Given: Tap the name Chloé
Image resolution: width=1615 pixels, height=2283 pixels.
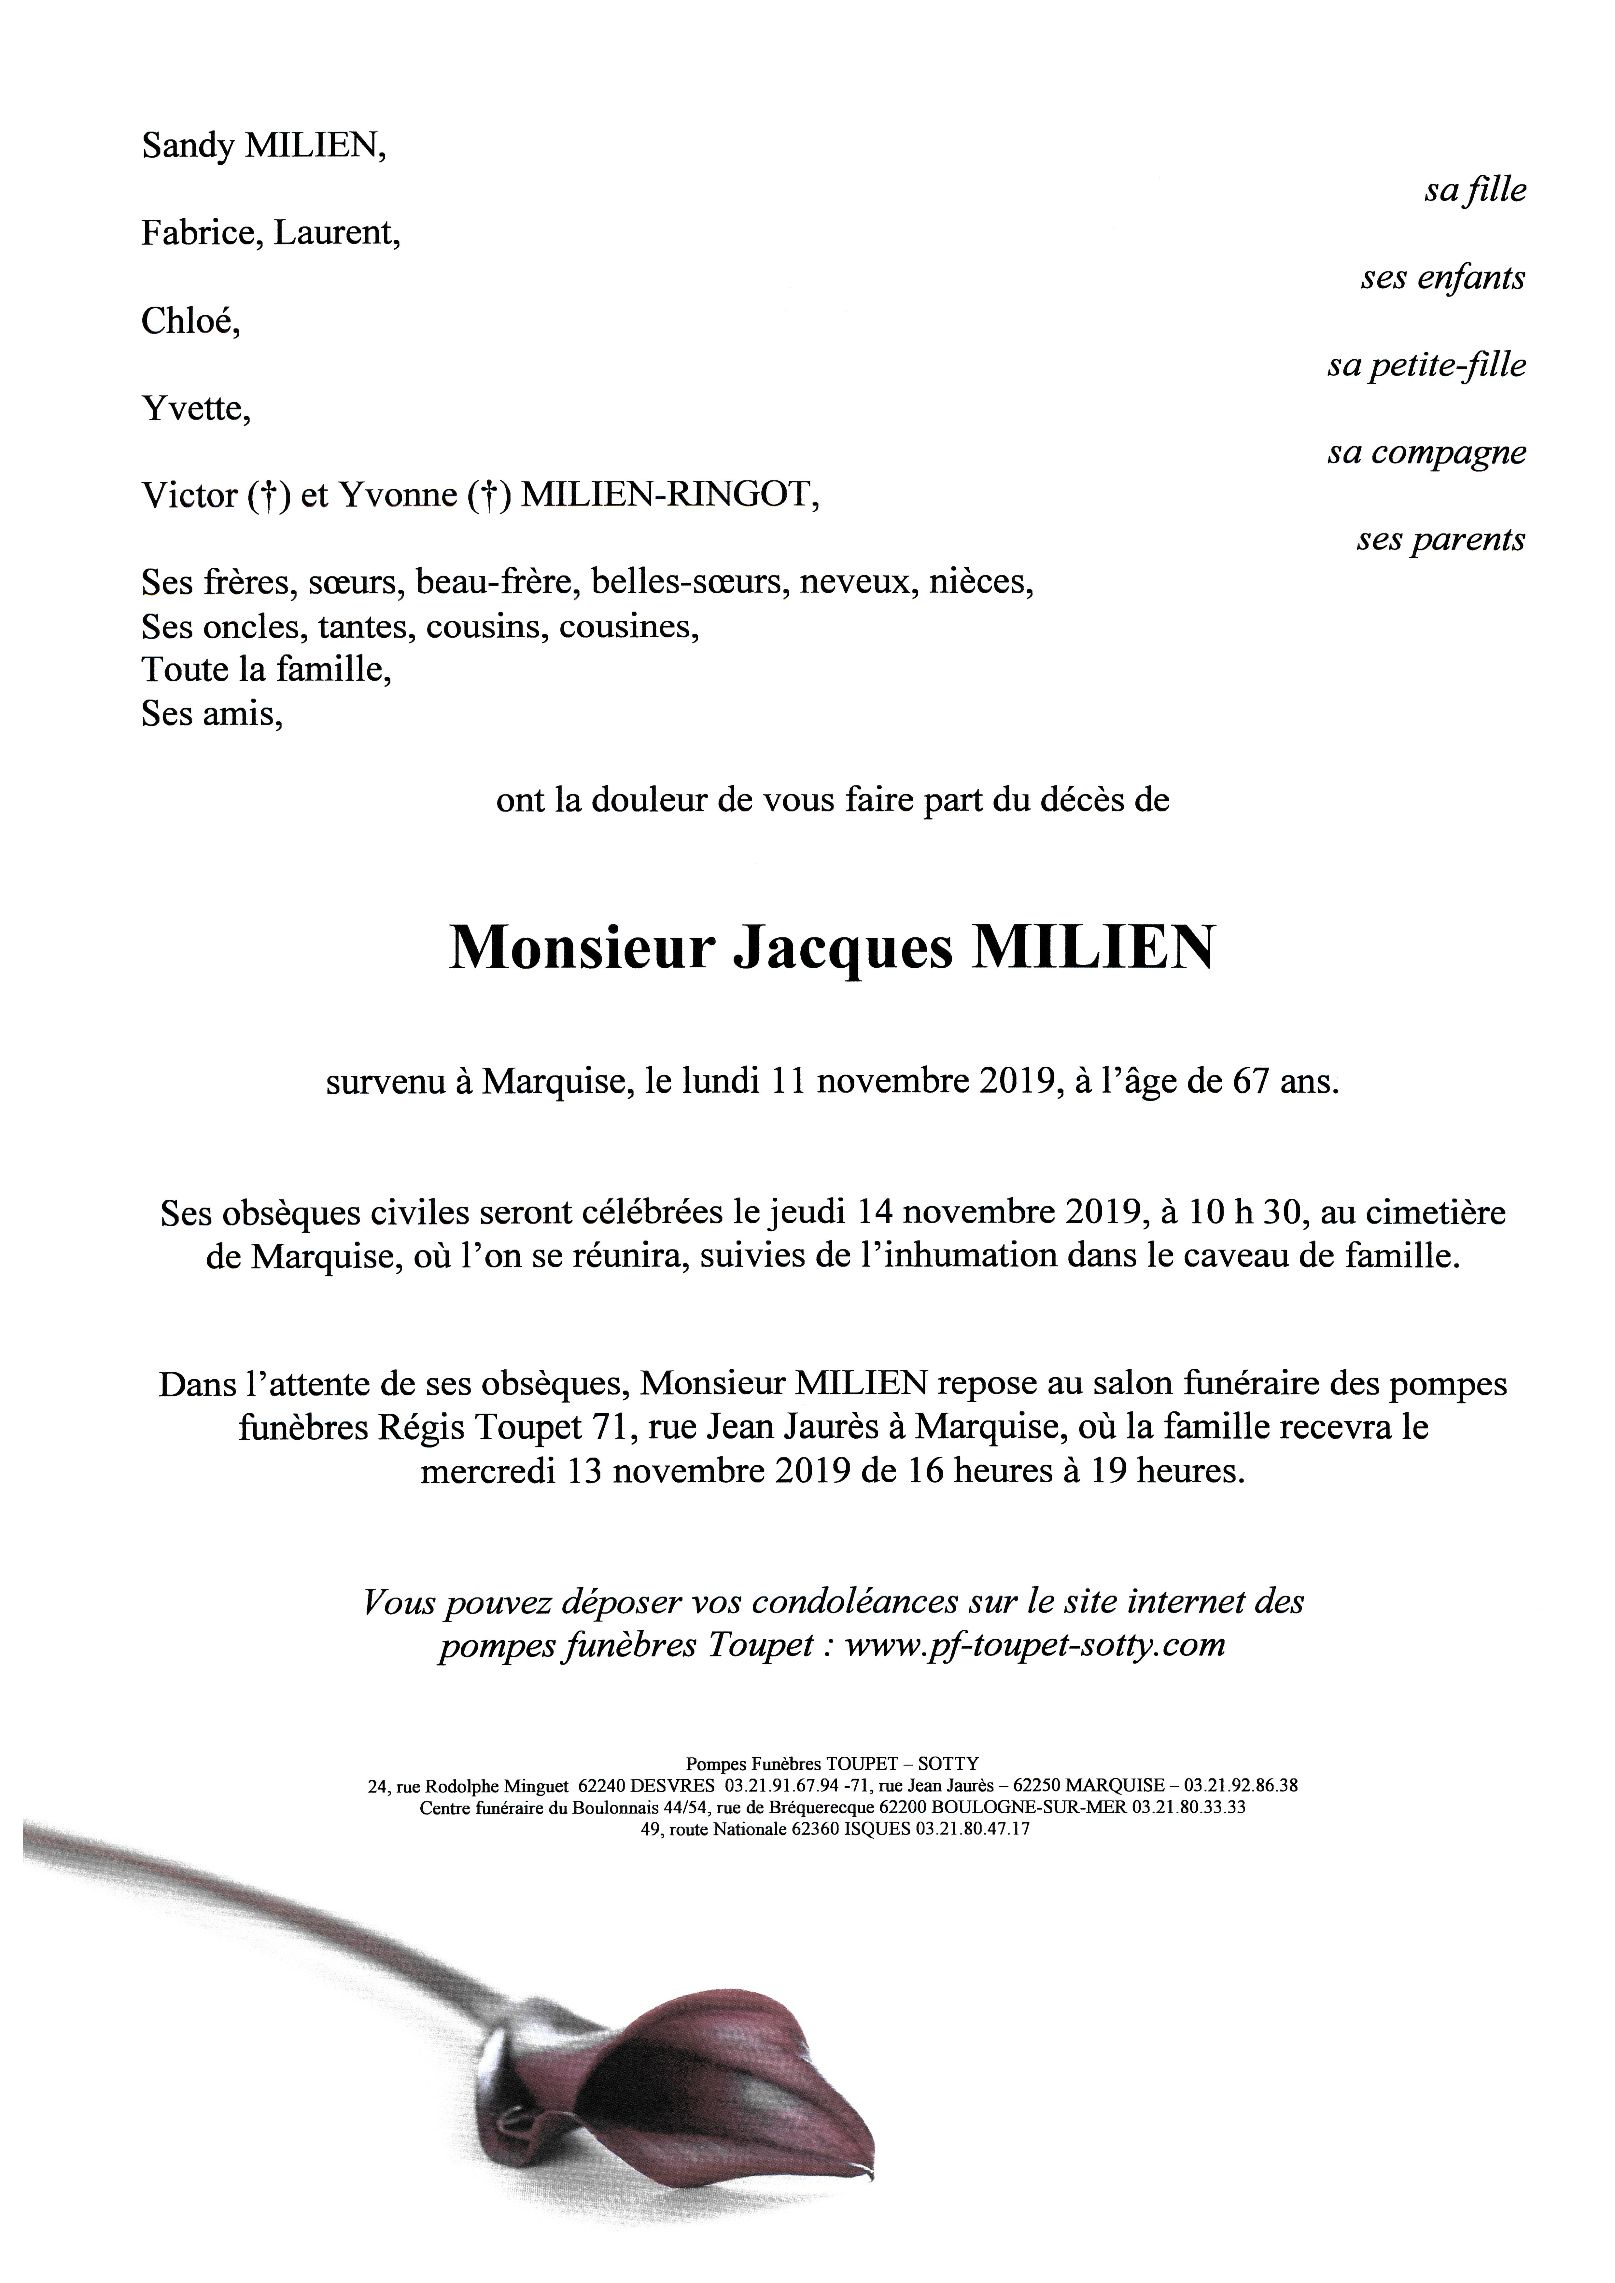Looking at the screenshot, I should [x=189, y=321].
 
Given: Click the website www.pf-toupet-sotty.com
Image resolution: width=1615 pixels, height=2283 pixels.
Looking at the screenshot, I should [x=1034, y=1645].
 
